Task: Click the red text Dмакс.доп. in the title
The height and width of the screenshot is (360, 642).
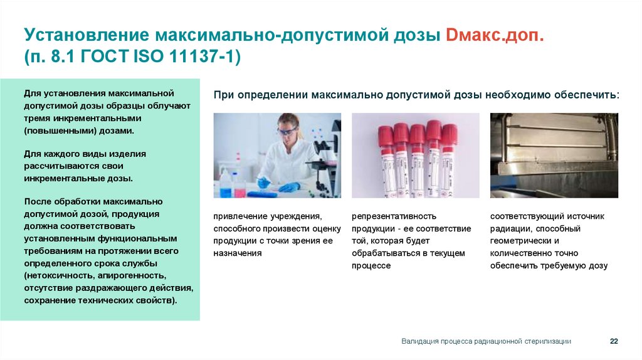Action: tap(495, 35)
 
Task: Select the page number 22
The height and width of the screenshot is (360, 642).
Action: tap(614, 341)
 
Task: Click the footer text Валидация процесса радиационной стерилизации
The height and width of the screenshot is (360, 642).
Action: tap(486, 341)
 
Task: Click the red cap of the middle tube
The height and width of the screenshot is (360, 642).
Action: tap(418, 134)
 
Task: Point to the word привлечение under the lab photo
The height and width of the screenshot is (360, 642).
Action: tap(240, 216)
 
